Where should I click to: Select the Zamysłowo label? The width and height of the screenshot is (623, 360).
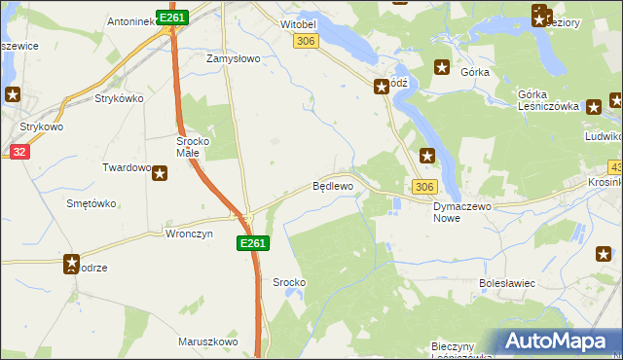233,58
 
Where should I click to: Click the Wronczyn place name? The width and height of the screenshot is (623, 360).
188,234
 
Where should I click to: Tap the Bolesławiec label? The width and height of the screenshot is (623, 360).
507,283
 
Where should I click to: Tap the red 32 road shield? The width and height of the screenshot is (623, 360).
19,152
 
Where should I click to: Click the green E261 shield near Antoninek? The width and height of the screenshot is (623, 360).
171,18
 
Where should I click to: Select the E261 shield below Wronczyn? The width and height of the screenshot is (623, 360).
251,243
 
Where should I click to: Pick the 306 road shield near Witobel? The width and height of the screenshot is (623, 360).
306,40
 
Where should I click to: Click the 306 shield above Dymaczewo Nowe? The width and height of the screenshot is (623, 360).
423,186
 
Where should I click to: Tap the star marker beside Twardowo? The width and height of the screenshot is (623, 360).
160,173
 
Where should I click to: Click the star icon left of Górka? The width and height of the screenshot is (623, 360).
442,67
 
